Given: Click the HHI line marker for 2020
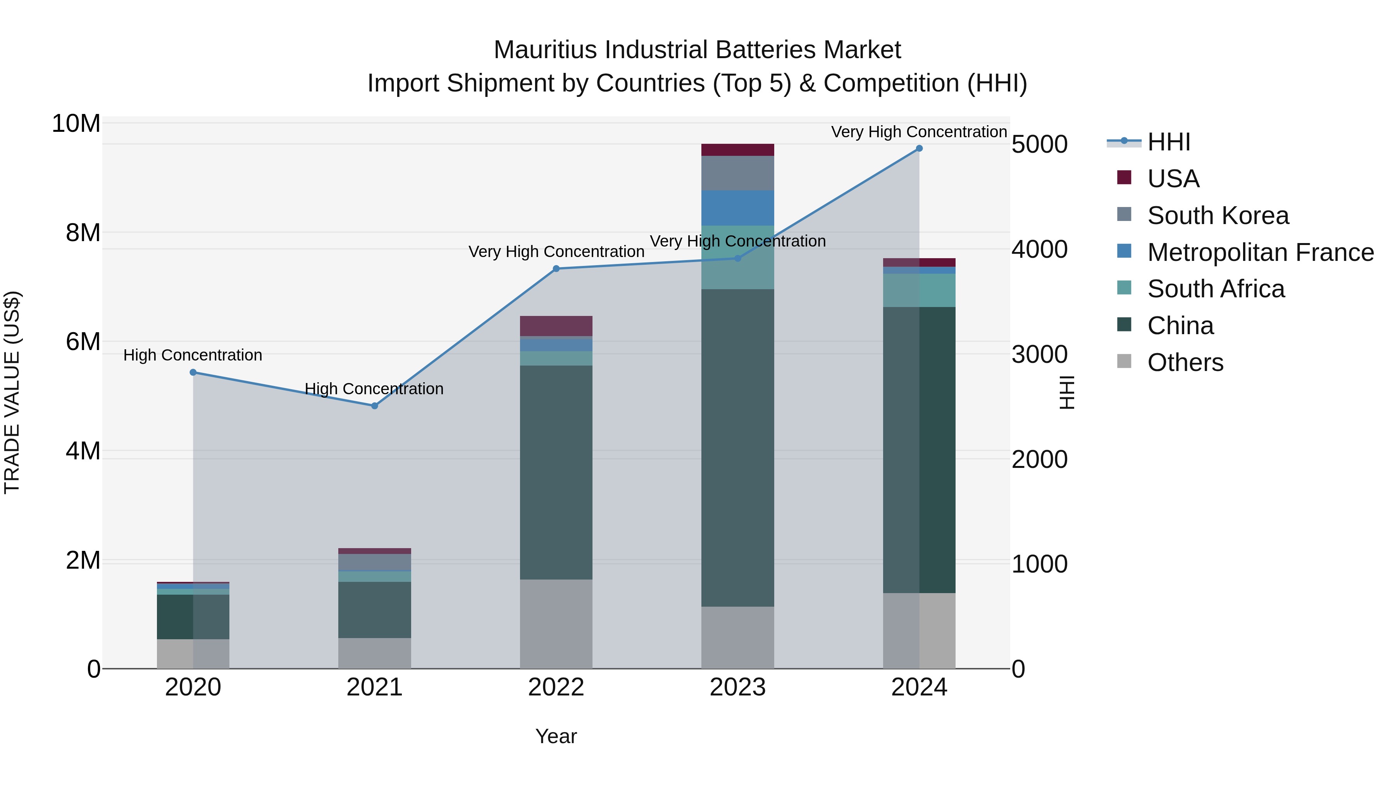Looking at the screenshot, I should click(193, 372).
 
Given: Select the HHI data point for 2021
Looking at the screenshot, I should click(375, 406).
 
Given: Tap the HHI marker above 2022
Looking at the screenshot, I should click(556, 269).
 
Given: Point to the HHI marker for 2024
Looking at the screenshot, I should click(919, 148).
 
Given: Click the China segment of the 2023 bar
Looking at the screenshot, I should click(737, 447).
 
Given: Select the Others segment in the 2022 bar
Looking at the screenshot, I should click(556, 624).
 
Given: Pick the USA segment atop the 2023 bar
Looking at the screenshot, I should click(737, 150).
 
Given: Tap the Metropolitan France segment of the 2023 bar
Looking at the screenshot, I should click(737, 208).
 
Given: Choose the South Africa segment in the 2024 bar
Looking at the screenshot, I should click(919, 290).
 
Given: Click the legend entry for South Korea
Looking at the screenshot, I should click(1218, 216).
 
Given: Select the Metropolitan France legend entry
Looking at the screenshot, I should click(1260, 252).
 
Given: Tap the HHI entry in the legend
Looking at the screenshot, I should click(1169, 142).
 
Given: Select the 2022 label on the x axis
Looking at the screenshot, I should click(556, 687).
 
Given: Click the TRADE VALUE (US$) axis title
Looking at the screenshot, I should click(12, 392).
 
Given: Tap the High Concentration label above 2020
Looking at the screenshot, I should click(193, 355).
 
